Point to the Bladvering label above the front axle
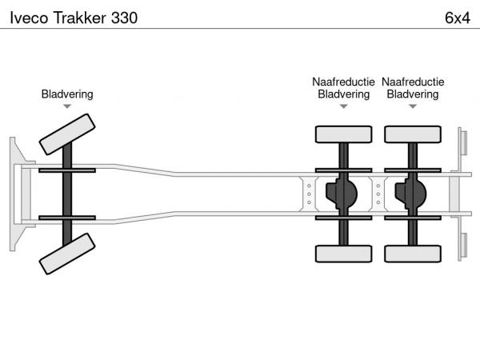coord(67,94)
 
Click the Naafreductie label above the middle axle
coord(343,82)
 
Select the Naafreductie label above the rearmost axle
coord(413,82)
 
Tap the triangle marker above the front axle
coord(67,106)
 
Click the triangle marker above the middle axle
coord(343,106)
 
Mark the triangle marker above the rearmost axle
coord(413,106)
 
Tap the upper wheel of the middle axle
coord(343,134)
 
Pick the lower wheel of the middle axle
coord(343,254)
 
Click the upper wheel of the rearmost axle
coord(413,134)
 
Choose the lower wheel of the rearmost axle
coord(413,254)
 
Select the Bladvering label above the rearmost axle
coord(413,94)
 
